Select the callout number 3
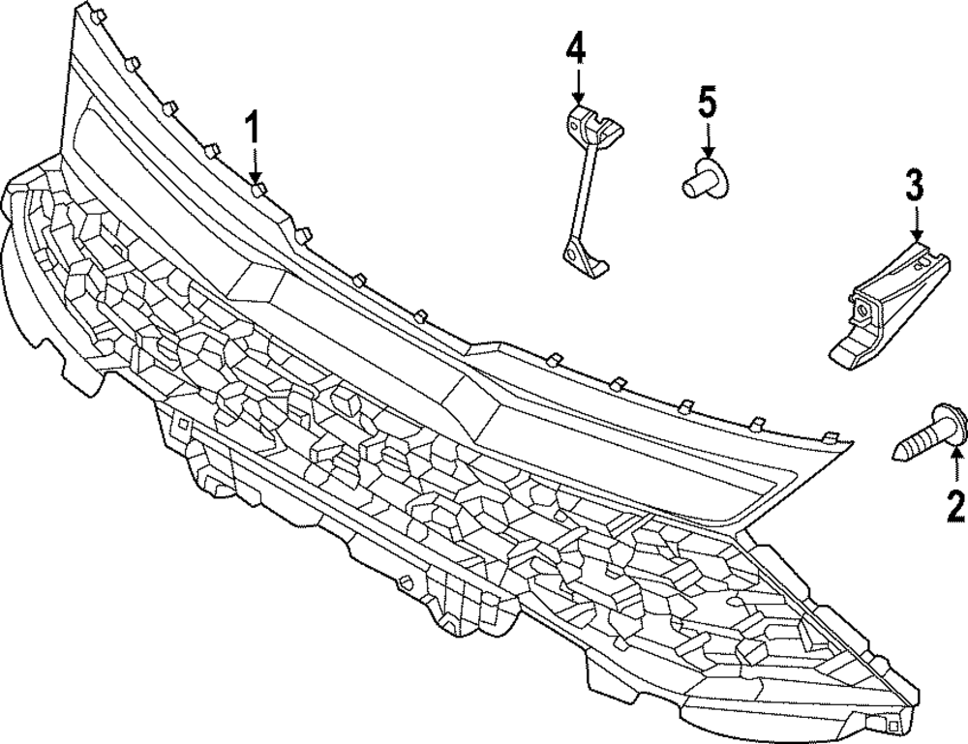tap(915, 185)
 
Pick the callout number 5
tap(708, 100)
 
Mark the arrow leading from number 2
tap(956, 469)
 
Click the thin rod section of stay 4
tap(578, 193)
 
